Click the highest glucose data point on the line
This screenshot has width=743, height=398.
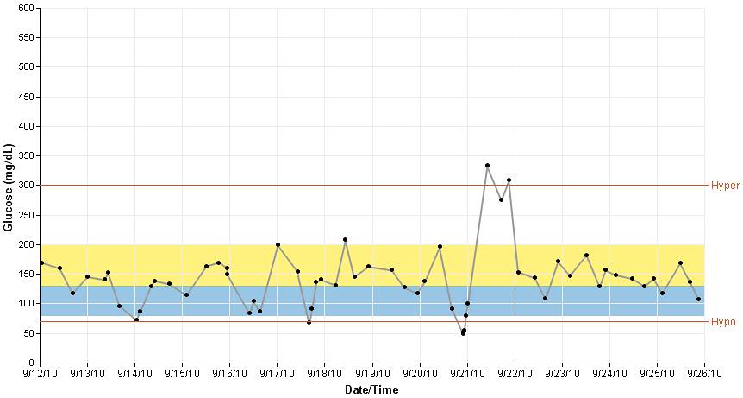[x=487, y=165]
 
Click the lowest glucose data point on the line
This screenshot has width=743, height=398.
[x=463, y=332]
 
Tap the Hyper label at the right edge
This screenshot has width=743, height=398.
[x=725, y=186]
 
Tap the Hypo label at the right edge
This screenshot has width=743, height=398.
[x=723, y=322]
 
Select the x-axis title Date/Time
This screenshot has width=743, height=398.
[x=371, y=390]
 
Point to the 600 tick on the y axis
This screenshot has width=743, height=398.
[x=26, y=8]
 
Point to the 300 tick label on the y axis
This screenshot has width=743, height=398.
[x=26, y=186]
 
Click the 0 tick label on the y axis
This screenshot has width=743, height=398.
[x=31, y=363]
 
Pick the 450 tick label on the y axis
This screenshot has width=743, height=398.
[x=26, y=97]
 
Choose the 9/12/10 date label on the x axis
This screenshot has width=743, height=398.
[x=40, y=375]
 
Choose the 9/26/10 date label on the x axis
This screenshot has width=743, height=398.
[x=704, y=375]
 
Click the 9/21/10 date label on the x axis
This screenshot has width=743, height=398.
[x=467, y=375]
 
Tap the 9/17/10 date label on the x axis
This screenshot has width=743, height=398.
[x=277, y=375]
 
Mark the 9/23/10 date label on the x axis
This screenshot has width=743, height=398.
[x=562, y=375]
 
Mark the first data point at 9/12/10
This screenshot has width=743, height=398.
[x=41, y=262]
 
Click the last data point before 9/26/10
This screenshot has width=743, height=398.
[x=698, y=300]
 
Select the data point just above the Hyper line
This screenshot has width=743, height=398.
[x=509, y=180]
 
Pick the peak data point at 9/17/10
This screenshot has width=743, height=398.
[x=278, y=244]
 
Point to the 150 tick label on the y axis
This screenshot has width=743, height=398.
[x=26, y=274]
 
